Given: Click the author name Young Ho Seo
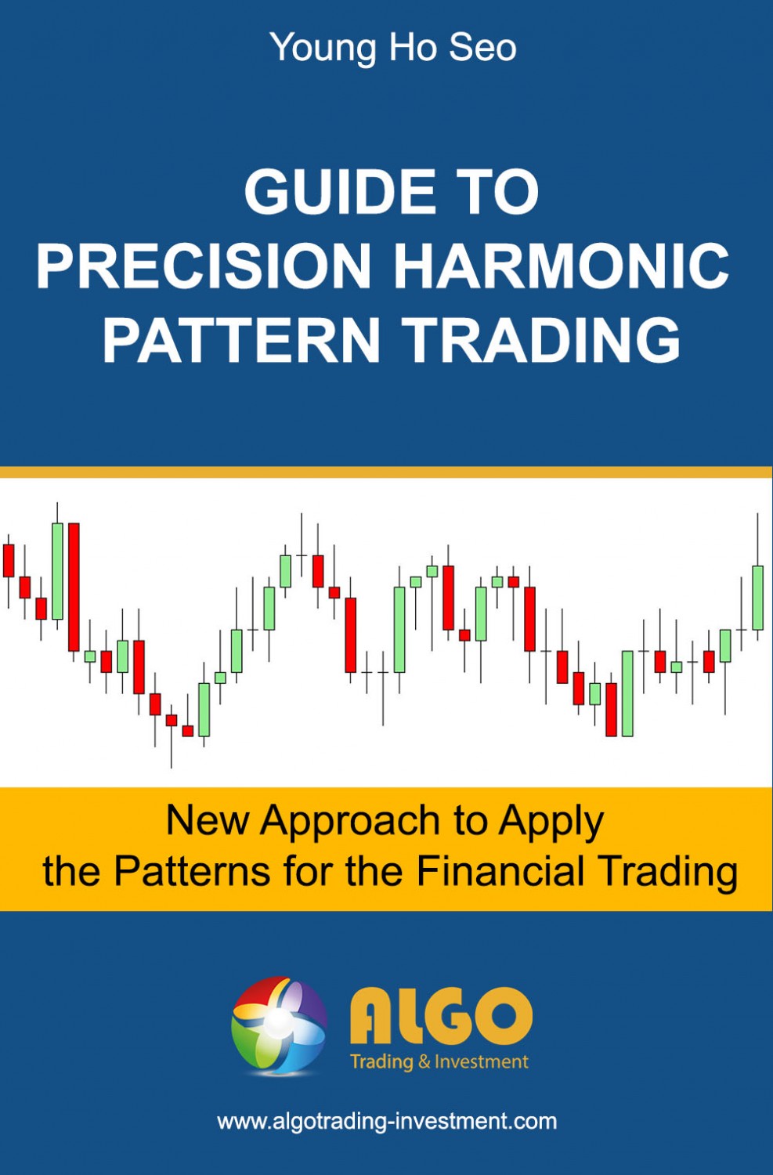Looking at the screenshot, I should [x=393, y=48].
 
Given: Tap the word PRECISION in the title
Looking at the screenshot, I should [x=204, y=266].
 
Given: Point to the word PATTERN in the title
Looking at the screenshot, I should [x=241, y=339].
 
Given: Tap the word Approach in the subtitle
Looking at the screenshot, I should [x=351, y=821].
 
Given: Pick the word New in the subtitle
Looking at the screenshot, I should [x=208, y=821].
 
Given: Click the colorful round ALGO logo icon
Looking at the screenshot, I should [x=279, y=1025].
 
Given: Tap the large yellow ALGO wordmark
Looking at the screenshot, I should [x=441, y=1016].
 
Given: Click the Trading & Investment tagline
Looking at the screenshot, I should [x=439, y=1062].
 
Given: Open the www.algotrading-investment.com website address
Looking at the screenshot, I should [x=387, y=1121].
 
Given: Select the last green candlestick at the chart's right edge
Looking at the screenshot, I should [x=757, y=597].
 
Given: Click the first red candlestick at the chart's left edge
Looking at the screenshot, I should [x=9, y=560].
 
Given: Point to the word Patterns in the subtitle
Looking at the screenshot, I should [x=192, y=871].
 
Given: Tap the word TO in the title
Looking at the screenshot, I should [x=501, y=192].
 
